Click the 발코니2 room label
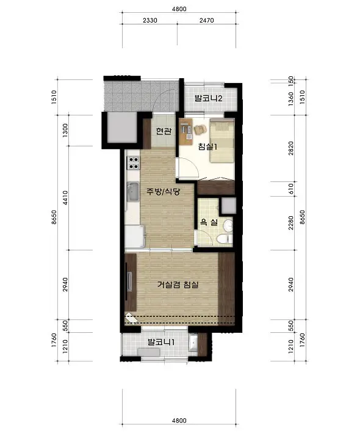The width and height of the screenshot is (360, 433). point(209,98)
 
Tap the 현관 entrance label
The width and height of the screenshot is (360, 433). point(164,131)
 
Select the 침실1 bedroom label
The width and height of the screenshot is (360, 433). point(207,147)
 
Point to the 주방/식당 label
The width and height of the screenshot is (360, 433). point(164,191)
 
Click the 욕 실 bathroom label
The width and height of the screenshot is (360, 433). point(209,222)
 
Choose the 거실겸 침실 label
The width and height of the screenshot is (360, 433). point(178,285)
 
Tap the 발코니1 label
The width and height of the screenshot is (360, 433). point(161,343)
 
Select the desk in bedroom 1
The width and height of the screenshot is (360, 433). point(186,131)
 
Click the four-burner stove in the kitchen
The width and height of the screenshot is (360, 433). point(133,163)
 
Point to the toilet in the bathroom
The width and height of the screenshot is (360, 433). point(225,239)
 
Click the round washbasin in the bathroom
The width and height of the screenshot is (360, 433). point(228,225)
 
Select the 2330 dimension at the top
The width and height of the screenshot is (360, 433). point(150,20)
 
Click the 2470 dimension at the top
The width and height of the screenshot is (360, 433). point(207,20)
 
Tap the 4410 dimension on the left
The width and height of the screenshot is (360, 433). point(65,198)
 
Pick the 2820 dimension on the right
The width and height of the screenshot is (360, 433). point(291,148)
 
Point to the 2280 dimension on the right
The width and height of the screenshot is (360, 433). point(291,223)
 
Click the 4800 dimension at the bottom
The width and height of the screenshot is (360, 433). point(179,421)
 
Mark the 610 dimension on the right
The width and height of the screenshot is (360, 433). point(291,189)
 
